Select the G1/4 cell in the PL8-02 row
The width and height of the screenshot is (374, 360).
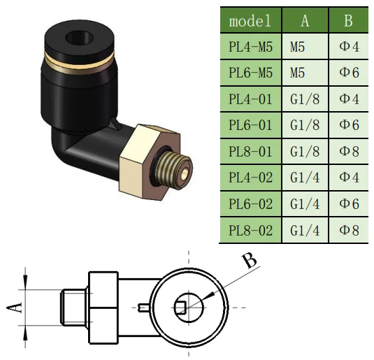305,229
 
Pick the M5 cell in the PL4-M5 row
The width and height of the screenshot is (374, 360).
305,48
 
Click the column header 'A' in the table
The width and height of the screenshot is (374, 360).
305,21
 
